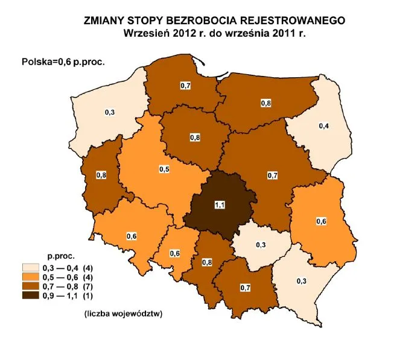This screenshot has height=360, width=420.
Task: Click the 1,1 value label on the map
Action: (x=220, y=206)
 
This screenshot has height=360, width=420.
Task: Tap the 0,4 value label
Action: (x=324, y=126)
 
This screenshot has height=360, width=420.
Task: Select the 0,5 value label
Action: (x=164, y=169)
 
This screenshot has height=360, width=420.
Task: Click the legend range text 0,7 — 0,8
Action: (x=59, y=286)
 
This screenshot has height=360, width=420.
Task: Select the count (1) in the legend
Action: (x=86, y=296)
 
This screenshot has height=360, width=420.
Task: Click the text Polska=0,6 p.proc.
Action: (x=59, y=61)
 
